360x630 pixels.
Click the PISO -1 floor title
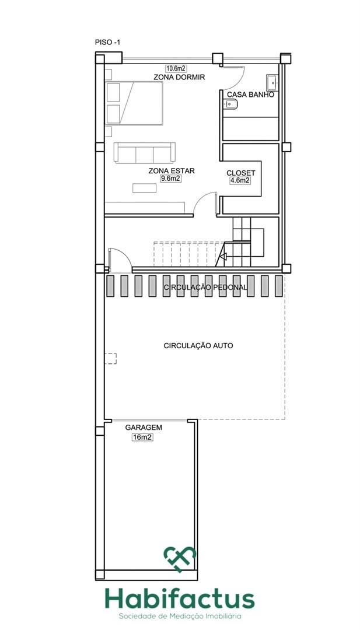107,43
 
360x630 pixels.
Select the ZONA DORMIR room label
175,77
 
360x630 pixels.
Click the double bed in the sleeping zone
134,103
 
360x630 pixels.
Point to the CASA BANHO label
250,94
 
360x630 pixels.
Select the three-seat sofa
145,153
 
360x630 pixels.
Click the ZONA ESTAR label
172,171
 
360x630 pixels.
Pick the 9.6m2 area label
171,179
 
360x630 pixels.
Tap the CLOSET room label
240,173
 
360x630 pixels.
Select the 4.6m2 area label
240,181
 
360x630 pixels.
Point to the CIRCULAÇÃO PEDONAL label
205,288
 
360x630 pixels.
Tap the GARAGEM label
144,428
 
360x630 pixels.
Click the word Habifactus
180,599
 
